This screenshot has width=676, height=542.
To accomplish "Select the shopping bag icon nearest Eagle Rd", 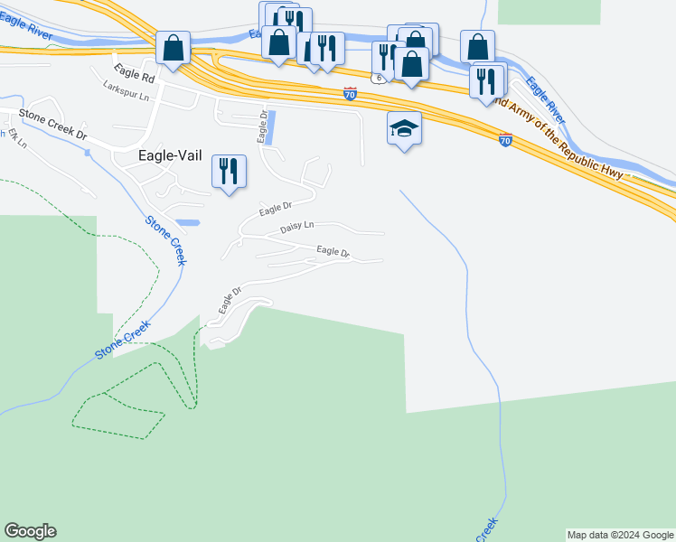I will coord(172,49).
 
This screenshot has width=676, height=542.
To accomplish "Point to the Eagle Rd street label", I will coord(135,79).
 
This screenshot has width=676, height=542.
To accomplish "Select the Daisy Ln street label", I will coord(296,226).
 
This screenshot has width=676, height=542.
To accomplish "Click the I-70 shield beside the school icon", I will coord(505,140).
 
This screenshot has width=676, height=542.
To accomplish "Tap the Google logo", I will coord(30,531).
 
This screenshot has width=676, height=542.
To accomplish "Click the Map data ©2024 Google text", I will coord(620,535).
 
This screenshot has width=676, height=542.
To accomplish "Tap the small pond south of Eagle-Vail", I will coord(189,222).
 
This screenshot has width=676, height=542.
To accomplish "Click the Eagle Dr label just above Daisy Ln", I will coord(277,210).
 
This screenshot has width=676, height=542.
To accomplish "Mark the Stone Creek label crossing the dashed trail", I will coord(124,335).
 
